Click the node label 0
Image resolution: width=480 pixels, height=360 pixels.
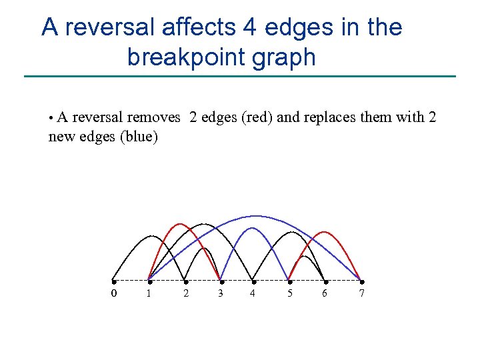[x=113, y=293]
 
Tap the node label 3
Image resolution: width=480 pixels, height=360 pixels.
[x=221, y=293]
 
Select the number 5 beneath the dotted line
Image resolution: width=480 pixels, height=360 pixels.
[x=289, y=293]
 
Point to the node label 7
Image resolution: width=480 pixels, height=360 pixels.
[x=361, y=293]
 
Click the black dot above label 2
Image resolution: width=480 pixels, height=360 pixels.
[x=185, y=281]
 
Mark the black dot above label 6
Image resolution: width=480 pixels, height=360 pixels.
[x=325, y=281]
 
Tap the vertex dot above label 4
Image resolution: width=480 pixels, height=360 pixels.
[x=253, y=281]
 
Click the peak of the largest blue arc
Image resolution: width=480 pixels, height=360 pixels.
[x=255, y=216]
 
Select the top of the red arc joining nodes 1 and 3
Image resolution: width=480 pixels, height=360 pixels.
[x=179, y=223]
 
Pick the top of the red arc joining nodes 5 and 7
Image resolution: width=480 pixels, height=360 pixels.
[x=325, y=232]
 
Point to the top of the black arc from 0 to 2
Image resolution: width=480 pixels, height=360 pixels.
[x=151, y=235]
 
